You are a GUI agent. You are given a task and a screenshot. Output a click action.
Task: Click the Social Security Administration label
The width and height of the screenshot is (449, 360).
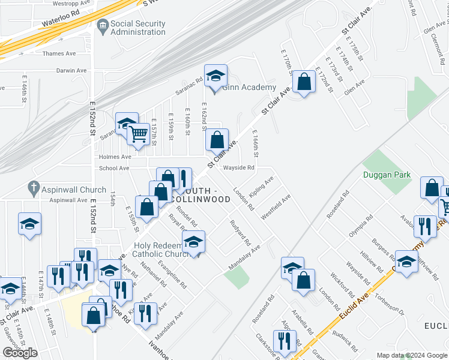click(x=138, y=28)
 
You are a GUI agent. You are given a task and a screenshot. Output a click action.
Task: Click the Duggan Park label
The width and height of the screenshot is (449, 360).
click(x=387, y=175)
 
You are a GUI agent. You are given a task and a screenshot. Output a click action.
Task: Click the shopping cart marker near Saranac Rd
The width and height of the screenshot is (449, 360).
click(x=139, y=134)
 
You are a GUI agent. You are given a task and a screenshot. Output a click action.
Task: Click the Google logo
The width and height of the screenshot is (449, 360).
click(x=20, y=353)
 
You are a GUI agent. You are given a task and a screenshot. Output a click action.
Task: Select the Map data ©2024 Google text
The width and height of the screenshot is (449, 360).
click(x=411, y=355)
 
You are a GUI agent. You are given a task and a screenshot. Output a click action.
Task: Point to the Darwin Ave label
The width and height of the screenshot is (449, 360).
click(x=72, y=70)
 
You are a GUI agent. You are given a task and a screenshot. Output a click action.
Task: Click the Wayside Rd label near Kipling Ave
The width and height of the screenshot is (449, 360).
click(x=239, y=168)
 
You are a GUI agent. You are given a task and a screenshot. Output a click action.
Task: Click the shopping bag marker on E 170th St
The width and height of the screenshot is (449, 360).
click(x=304, y=82)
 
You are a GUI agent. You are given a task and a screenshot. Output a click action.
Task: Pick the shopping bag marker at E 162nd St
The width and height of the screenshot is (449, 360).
click(x=217, y=140)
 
